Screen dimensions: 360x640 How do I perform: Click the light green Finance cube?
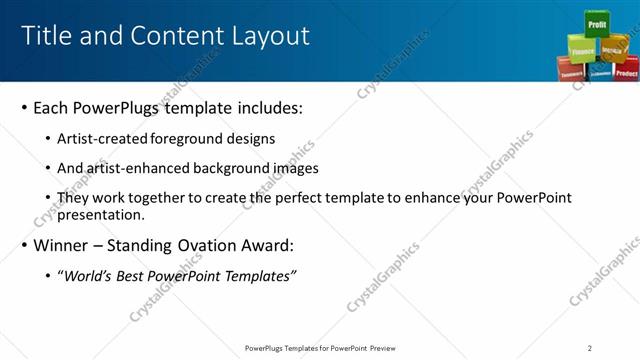[x=582, y=48]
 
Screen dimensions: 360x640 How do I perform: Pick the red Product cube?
[x=626, y=72]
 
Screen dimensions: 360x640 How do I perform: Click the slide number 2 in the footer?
[x=590, y=348]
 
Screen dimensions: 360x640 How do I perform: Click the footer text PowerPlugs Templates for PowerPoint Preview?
[x=319, y=348]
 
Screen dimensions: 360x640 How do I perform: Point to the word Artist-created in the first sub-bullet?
[x=100, y=139]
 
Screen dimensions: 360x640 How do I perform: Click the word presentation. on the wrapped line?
[x=100, y=215]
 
